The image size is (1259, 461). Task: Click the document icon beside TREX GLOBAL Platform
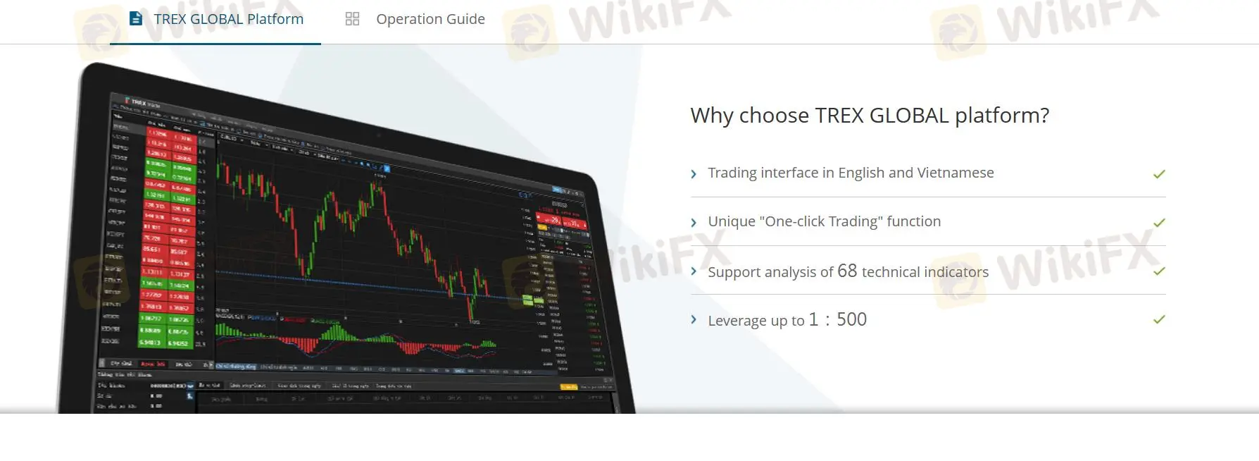136,18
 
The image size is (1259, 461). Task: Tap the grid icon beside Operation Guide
352,19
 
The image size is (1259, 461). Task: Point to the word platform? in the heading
1001,115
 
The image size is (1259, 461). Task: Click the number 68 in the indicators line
847,271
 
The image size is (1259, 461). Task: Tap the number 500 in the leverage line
851,319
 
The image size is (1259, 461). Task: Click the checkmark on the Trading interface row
1159,173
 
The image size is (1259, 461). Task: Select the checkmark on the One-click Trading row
1159,222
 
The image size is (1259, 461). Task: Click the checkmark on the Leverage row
1159,319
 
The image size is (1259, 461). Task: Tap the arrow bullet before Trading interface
694,174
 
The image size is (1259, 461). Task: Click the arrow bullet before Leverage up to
694,320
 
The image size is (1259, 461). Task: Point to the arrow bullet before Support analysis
694,271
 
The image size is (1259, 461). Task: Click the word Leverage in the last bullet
737,321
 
